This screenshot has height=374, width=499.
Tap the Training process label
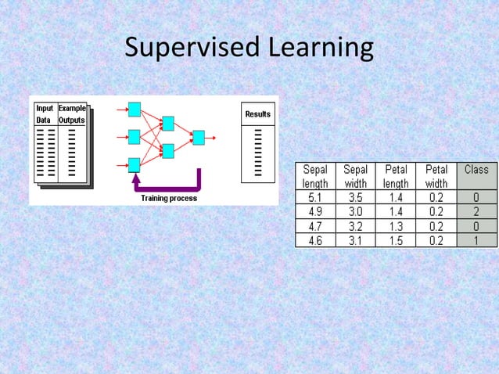pyautogui.click(x=169, y=199)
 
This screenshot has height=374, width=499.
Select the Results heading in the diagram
pyautogui.click(x=257, y=114)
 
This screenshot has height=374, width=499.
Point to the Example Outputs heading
pyautogui.click(x=72, y=114)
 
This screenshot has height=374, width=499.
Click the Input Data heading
pyautogui.click(x=44, y=114)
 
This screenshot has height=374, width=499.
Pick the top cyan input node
pyautogui.click(x=134, y=110)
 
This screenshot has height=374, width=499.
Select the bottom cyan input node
pyautogui.click(x=134, y=164)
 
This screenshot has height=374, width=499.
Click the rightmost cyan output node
pyautogui.click(x=199, y=138)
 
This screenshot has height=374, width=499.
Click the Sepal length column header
pyautogui.click(x=315, y=176)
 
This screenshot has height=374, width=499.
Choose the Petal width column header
pyautogui.click(x=436, y=176)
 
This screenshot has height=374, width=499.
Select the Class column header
pyautogui.click(x=476, y=170)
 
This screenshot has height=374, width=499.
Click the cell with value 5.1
pyautogui.click(x=315, y=198)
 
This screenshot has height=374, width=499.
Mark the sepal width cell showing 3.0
pyautogui.click(x=356, y=212)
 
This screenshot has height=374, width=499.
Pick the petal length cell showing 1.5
pyautogui.click(x=397, y=240)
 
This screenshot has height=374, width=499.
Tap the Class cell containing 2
pyautogui.click(x=476, y=212)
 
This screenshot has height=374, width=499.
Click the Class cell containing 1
pyautogui.click(x=476, y=240)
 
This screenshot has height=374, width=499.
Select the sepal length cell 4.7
pyautogui.click(x=315, y=226)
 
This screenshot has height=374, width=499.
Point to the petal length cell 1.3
pyautogui.click(x=397, y=226)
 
